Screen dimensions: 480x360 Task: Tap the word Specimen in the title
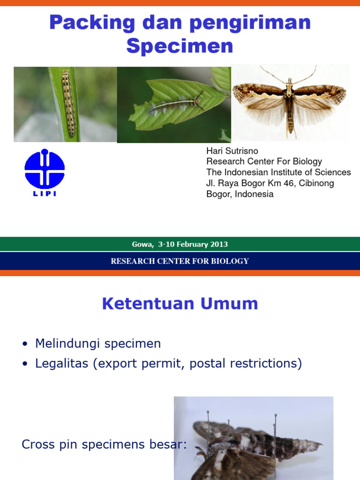180,46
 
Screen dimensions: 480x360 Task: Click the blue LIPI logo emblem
45,169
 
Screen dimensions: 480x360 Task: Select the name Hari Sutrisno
232,151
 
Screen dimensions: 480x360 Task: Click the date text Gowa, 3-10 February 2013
180,244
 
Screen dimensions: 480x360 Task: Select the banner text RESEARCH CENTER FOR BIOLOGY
180,261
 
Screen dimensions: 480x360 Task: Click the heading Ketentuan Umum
180,304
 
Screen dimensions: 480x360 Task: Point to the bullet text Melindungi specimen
97,344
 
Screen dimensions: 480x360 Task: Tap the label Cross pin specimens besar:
104,444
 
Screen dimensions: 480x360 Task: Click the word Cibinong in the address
315,183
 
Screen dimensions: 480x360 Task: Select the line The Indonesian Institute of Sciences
278,172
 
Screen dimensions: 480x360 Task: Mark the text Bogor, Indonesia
240,194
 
